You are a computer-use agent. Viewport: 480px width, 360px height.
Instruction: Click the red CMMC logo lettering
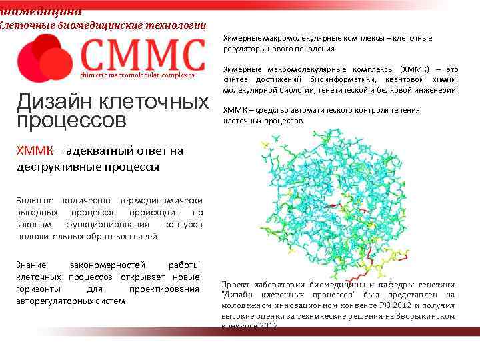point(142,55)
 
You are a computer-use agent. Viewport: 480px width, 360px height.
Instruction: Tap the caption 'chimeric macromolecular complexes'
point(137,75)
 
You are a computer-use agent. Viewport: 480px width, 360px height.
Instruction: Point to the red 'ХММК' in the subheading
point(34,151)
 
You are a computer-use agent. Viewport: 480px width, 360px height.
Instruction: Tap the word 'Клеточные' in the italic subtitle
point(27,25)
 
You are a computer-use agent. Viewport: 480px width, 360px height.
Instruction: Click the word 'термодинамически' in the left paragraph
point(160,201)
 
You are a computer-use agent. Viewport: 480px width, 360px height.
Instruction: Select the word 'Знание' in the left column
point(31,265)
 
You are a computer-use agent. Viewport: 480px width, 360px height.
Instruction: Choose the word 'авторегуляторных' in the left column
point(57,301)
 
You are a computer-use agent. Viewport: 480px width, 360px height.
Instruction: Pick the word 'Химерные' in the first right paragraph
point(242,38)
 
